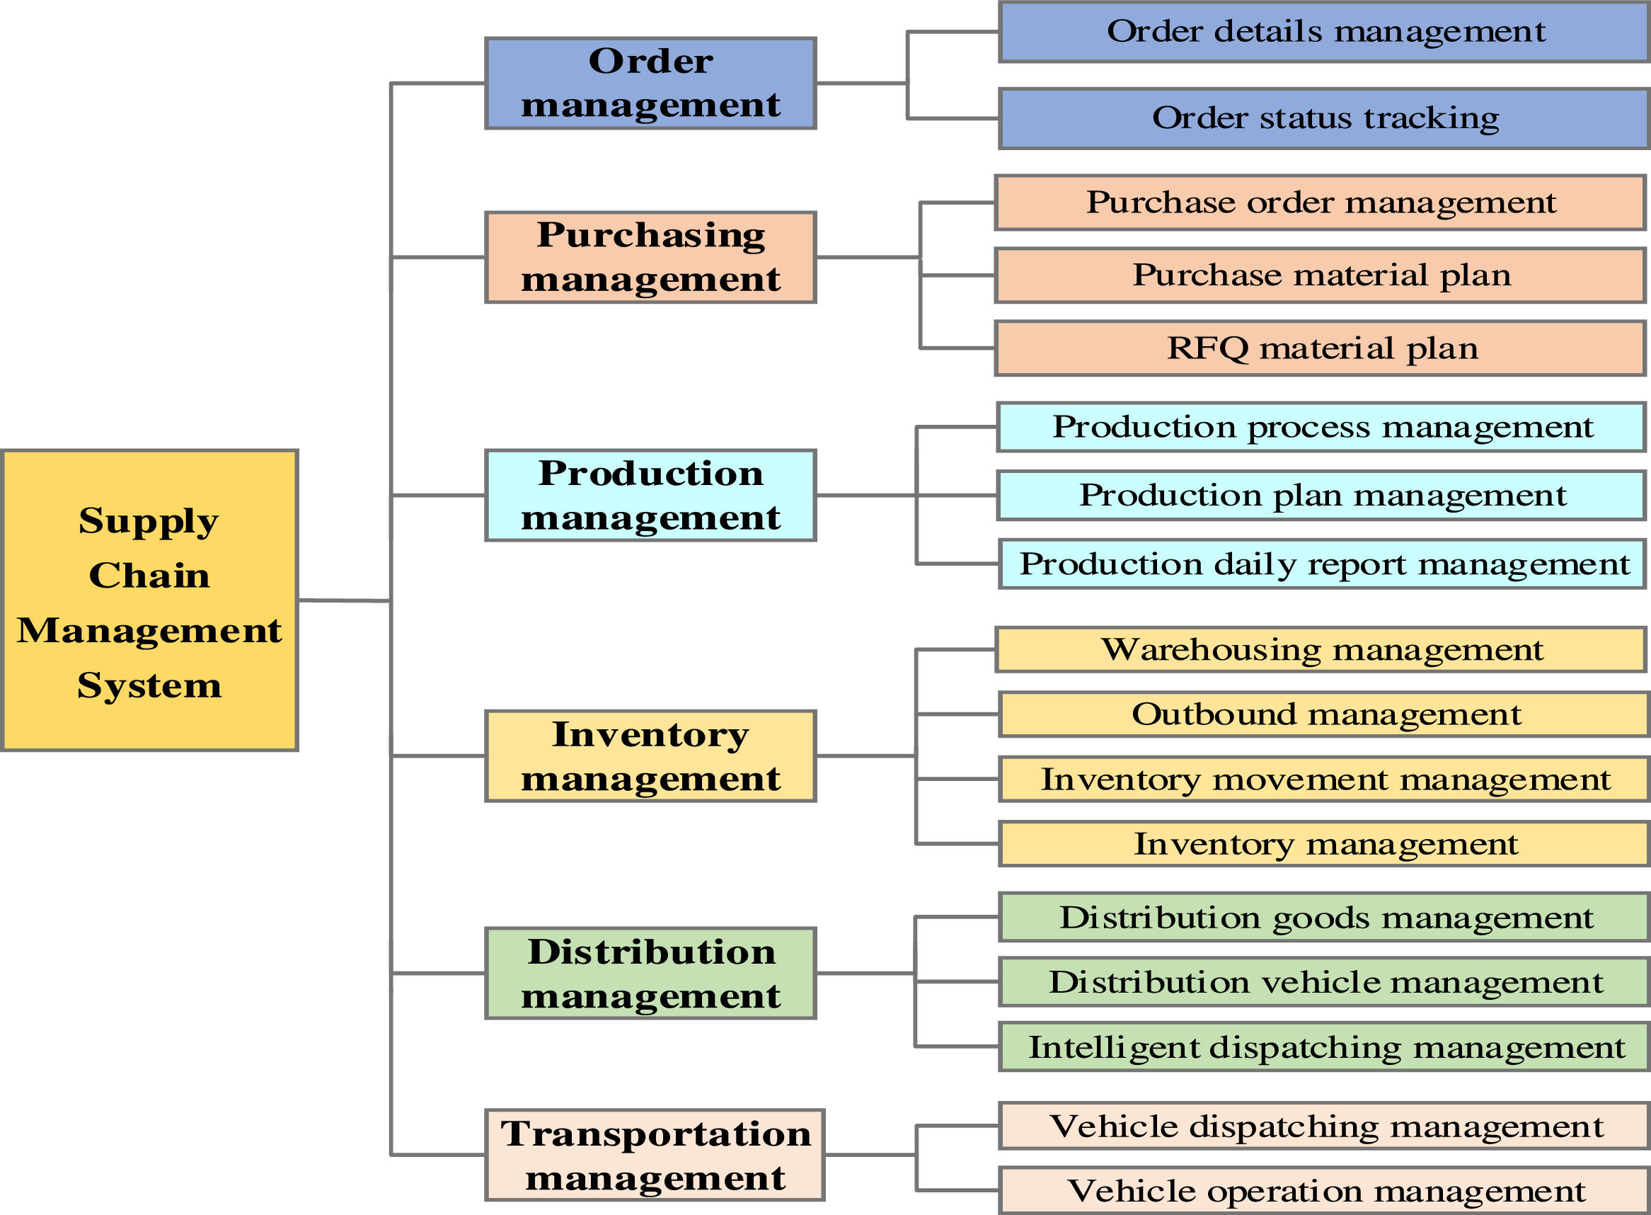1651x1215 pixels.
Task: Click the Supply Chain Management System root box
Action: tap(150, 600)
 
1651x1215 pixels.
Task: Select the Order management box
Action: tap(650, 83)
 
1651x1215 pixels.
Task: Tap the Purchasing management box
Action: tap(650, 258)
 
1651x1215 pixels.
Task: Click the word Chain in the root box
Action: tap(149, 575)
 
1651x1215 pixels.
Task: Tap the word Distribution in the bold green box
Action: tap(651, 952)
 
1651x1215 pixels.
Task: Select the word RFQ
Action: tap(1208, 348)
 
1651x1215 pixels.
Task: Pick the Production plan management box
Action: tap(1322, 496)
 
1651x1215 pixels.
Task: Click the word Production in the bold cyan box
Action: tap(650, 473)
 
